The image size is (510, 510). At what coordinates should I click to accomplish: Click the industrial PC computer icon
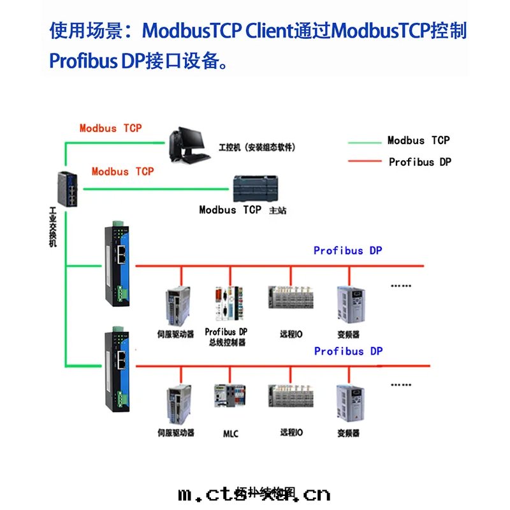188,143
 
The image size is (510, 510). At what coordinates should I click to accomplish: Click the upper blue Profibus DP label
347,251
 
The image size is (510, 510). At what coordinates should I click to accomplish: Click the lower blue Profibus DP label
348,351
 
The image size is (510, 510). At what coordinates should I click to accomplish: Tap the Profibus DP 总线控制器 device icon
228,305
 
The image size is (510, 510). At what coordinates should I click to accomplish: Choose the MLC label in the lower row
231,434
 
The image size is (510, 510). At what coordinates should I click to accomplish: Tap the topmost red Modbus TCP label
111,128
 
